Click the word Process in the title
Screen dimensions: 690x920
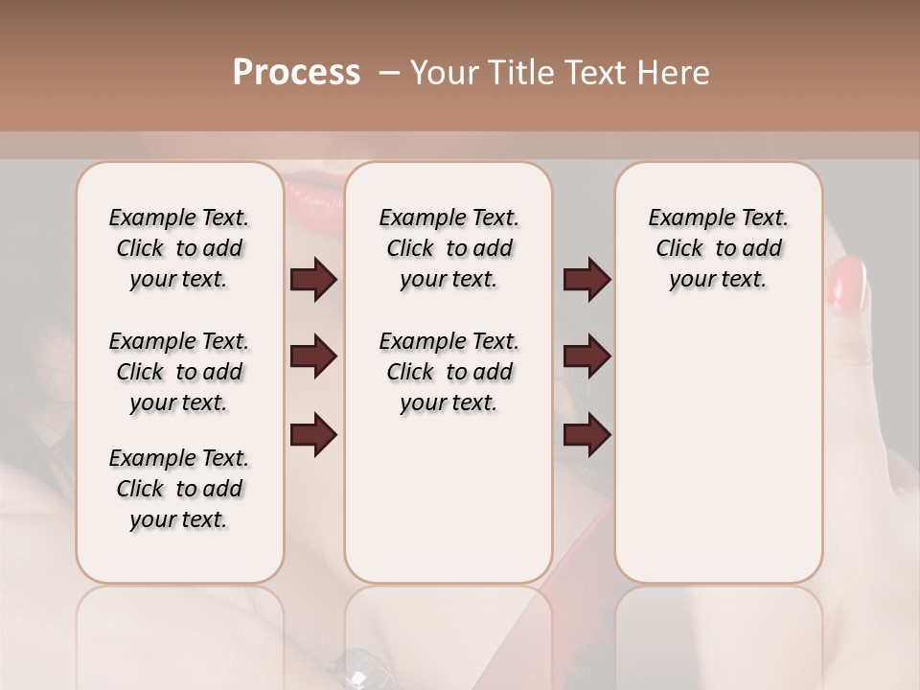click(x=296, y=72)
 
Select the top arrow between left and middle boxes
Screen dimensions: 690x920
click(x=313, y=280)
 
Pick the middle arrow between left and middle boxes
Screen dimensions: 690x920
click(x=313, y=356)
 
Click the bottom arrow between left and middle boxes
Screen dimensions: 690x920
click(x=313, y=433)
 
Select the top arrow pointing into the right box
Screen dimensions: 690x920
click(x=587, y=280)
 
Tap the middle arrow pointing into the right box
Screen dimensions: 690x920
click(x=587, y=356)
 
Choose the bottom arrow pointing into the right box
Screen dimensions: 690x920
click(x=587, y=433)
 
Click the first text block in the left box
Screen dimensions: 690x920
click(x=179, y=248)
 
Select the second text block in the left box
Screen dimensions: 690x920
click(x=179, y=372)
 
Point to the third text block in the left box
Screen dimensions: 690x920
click(x=179, y=489)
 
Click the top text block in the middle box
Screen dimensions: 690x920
click(x=448, y=248)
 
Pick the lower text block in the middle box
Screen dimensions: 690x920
click(x=448, y=372)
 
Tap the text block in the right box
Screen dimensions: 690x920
click(x=718, y=248)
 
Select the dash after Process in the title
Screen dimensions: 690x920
click(x=389, y=73)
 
